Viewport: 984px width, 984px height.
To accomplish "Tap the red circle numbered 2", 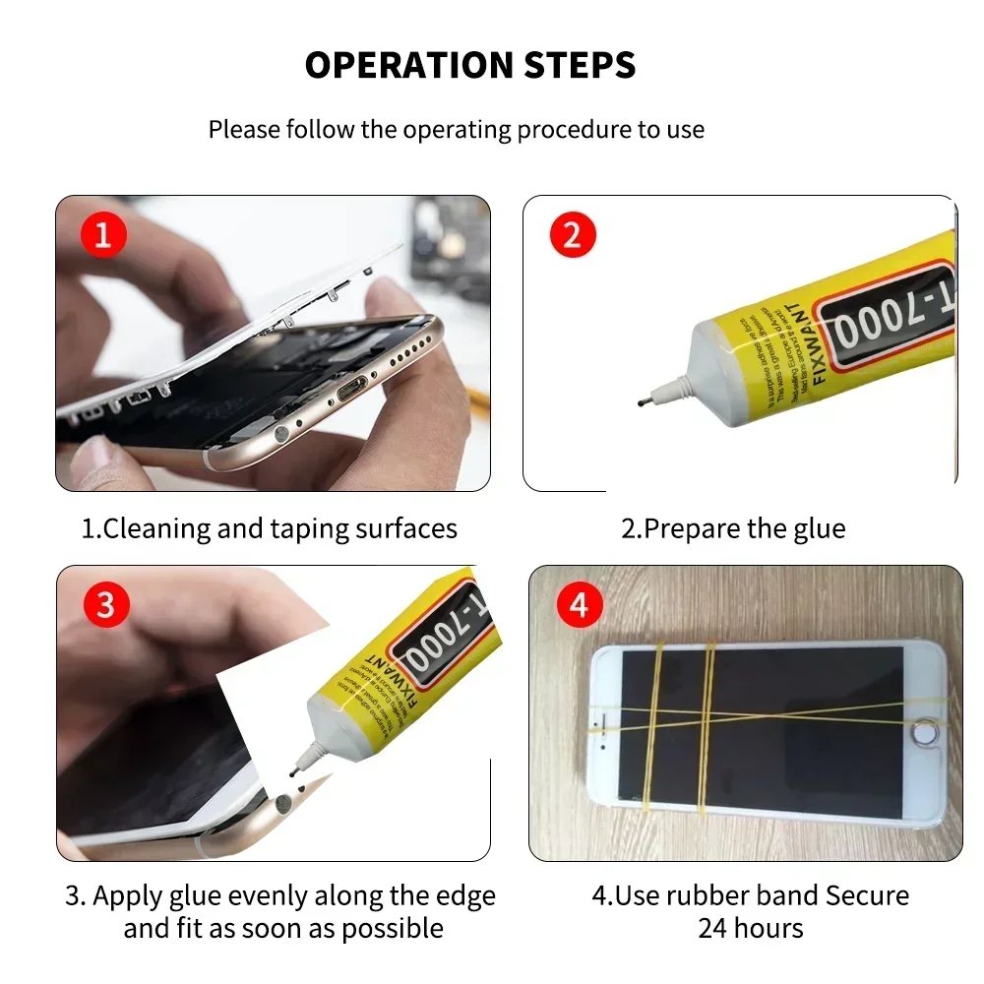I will coord(573,236).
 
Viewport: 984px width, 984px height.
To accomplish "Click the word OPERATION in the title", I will coord(403,66).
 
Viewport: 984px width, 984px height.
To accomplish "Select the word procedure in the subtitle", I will coord(576,129).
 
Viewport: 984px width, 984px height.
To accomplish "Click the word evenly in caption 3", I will coord(272,896).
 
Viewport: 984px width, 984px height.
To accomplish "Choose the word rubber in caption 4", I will coord(706,896).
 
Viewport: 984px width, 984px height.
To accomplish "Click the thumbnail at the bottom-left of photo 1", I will coord(95,455).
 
